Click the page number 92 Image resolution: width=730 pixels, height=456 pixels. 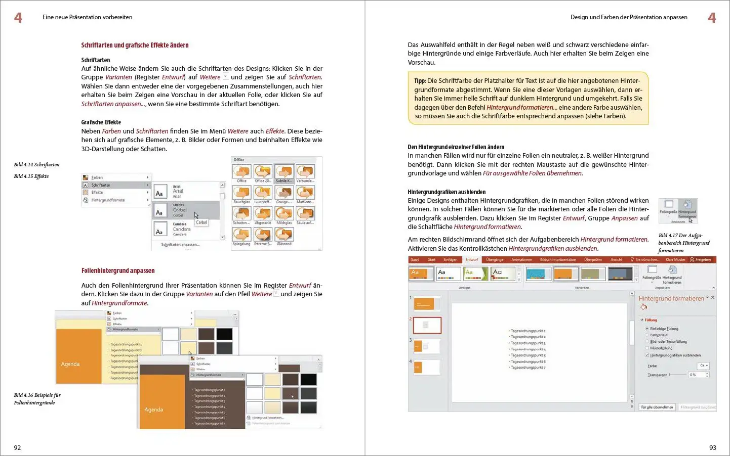click(x=17, y=447)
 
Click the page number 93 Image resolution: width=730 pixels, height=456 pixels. click(x=712, y=447)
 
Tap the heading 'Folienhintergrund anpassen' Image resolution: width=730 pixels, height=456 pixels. click(x=118, y=271)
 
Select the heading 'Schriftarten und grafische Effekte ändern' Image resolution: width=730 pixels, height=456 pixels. click(x=135, y=45)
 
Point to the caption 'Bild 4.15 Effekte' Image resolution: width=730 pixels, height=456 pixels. click(x=31, y=176)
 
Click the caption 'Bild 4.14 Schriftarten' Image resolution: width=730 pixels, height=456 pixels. click(x=36, y=165)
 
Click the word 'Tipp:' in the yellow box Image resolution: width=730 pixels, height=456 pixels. click(x=420, y=81)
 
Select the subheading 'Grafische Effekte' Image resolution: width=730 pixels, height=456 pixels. click(x=101, y=122)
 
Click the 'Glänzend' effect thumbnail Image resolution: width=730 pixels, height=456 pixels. click(x=284, y=235)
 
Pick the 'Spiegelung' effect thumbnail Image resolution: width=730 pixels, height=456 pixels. click(x=241, y=235)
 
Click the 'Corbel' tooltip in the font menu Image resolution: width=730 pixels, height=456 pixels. click(x=201, y=222)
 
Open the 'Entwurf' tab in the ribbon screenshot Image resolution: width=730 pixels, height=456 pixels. click(x=472, y=260)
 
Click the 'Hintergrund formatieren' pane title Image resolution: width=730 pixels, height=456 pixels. click(x=671, y=299)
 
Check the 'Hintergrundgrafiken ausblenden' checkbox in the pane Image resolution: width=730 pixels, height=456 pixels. click(x=647, y=355)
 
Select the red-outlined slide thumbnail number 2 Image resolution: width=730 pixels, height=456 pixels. click(x=427, y=325)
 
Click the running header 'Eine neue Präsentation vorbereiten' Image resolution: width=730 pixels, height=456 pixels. click(x=87, y=17)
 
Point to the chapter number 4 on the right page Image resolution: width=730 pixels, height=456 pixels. click(x=712, y=18)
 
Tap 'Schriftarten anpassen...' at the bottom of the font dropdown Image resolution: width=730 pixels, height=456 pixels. click(x=180, y=245)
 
